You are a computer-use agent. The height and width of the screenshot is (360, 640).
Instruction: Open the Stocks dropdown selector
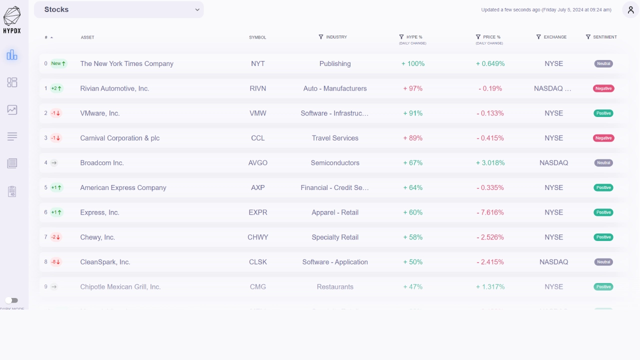pos(119,9)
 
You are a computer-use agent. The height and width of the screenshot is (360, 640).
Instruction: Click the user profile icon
pos(630,9)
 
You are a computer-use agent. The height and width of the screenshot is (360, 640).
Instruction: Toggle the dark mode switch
pos(11,300)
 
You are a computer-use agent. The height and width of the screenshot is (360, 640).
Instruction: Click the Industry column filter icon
pos(321,37)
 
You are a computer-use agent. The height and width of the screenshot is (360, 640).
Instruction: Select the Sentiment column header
pos(604,37)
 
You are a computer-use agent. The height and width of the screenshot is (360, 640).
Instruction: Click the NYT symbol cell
pos(258,63)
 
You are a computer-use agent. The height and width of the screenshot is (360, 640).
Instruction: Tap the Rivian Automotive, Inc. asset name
pos(114,88)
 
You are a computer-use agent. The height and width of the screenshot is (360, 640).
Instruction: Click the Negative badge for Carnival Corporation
pos(603,138)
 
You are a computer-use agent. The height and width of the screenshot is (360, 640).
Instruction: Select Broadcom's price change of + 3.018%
pos(490,163)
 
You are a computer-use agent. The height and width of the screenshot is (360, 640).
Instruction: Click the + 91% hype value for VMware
pos(413,113)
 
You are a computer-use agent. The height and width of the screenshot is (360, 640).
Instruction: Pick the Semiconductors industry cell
pos(335,163)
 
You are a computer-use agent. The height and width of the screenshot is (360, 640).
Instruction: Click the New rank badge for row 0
pos(58,63)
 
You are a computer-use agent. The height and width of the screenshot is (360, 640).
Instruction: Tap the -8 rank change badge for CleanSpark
pos(55,262)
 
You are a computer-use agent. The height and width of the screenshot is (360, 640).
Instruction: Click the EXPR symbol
pos(258,212)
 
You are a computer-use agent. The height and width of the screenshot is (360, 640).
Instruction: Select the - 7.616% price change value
pos(490,212)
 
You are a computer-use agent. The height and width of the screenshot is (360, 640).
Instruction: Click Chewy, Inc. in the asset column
pos(97,237)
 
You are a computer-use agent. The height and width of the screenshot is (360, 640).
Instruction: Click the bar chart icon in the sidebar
pos(12,55)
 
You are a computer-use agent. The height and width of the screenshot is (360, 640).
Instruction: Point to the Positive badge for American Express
pos(603,187)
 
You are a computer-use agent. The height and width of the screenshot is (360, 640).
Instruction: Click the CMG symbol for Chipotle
pos(258,287)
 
